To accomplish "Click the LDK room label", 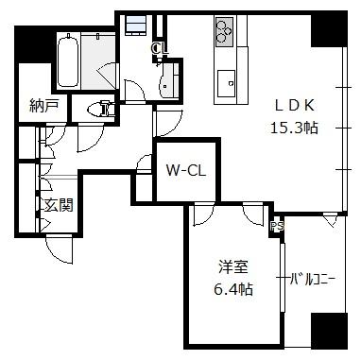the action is pos(295,106).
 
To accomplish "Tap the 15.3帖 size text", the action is pos(295,128).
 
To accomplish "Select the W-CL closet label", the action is pos(186,171).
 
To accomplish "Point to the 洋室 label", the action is pos(233,267).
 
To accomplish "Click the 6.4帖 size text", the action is pos(233,288).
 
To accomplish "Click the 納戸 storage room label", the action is pos(44,106).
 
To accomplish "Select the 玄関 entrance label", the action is pos(59,205).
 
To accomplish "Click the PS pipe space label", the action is pos(277,226).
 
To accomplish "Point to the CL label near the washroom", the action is pos(160,48).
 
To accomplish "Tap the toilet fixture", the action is pos(100,109).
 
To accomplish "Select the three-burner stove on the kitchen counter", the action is pos(225,30).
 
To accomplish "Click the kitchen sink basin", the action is pos(226,83).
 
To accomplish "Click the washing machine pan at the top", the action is pos(136,25).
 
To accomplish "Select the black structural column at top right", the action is pos(330,29).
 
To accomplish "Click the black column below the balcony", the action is pos(329,331).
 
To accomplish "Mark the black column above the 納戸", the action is pos(33,44).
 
